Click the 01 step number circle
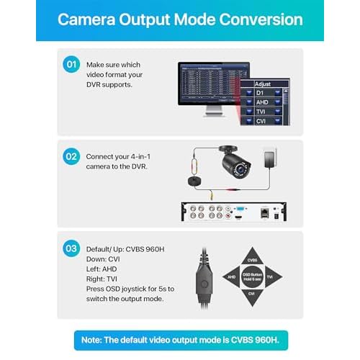point(71,65)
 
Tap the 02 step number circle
point(71,156)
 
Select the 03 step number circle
point(71,248)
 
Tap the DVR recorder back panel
point(238,213)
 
